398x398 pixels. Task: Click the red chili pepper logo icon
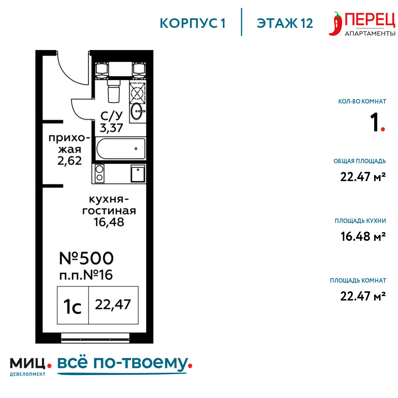point(335,24)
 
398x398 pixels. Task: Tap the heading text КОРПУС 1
point(193,23)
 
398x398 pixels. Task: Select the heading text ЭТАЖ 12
point(285,23)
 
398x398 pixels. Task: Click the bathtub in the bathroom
point(121,149)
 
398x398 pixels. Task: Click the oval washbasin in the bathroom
point(137,111)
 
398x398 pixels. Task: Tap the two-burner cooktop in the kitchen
point(99,173)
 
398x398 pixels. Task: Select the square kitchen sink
point(138,174)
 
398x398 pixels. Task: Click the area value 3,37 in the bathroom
point(111,128)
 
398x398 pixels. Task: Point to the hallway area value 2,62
point(70,161)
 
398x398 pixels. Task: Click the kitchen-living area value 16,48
point(109,222)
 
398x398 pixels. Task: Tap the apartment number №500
point(86,258)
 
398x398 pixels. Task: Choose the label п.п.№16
point(86,275)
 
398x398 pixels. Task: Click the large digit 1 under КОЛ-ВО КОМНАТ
point(374,122)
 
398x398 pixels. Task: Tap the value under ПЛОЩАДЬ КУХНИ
point(363,236)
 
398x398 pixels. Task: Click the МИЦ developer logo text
point(28,363)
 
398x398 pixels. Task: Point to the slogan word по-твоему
point(141,363)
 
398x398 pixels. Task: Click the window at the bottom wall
point(95,338)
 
